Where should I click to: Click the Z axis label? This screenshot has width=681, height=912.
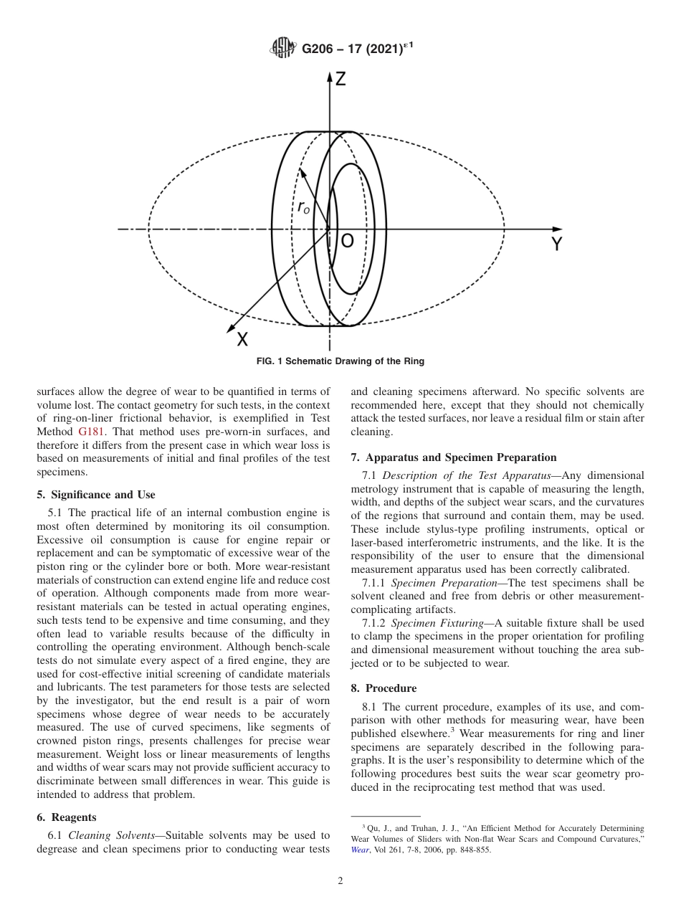pos(340,80)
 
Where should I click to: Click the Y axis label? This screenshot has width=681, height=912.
pos(556,245)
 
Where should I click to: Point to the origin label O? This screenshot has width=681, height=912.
pos(347,242)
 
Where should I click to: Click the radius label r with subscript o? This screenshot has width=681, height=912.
pos(304,208)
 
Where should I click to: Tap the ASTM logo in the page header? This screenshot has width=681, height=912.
pos(282,49)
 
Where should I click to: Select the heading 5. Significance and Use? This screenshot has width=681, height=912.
pos(96,495)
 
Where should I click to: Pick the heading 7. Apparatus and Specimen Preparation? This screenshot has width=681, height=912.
pos(454,457)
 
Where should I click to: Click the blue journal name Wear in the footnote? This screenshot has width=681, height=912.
pos(360,850)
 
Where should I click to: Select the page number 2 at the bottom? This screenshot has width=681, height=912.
pos(340,881)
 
